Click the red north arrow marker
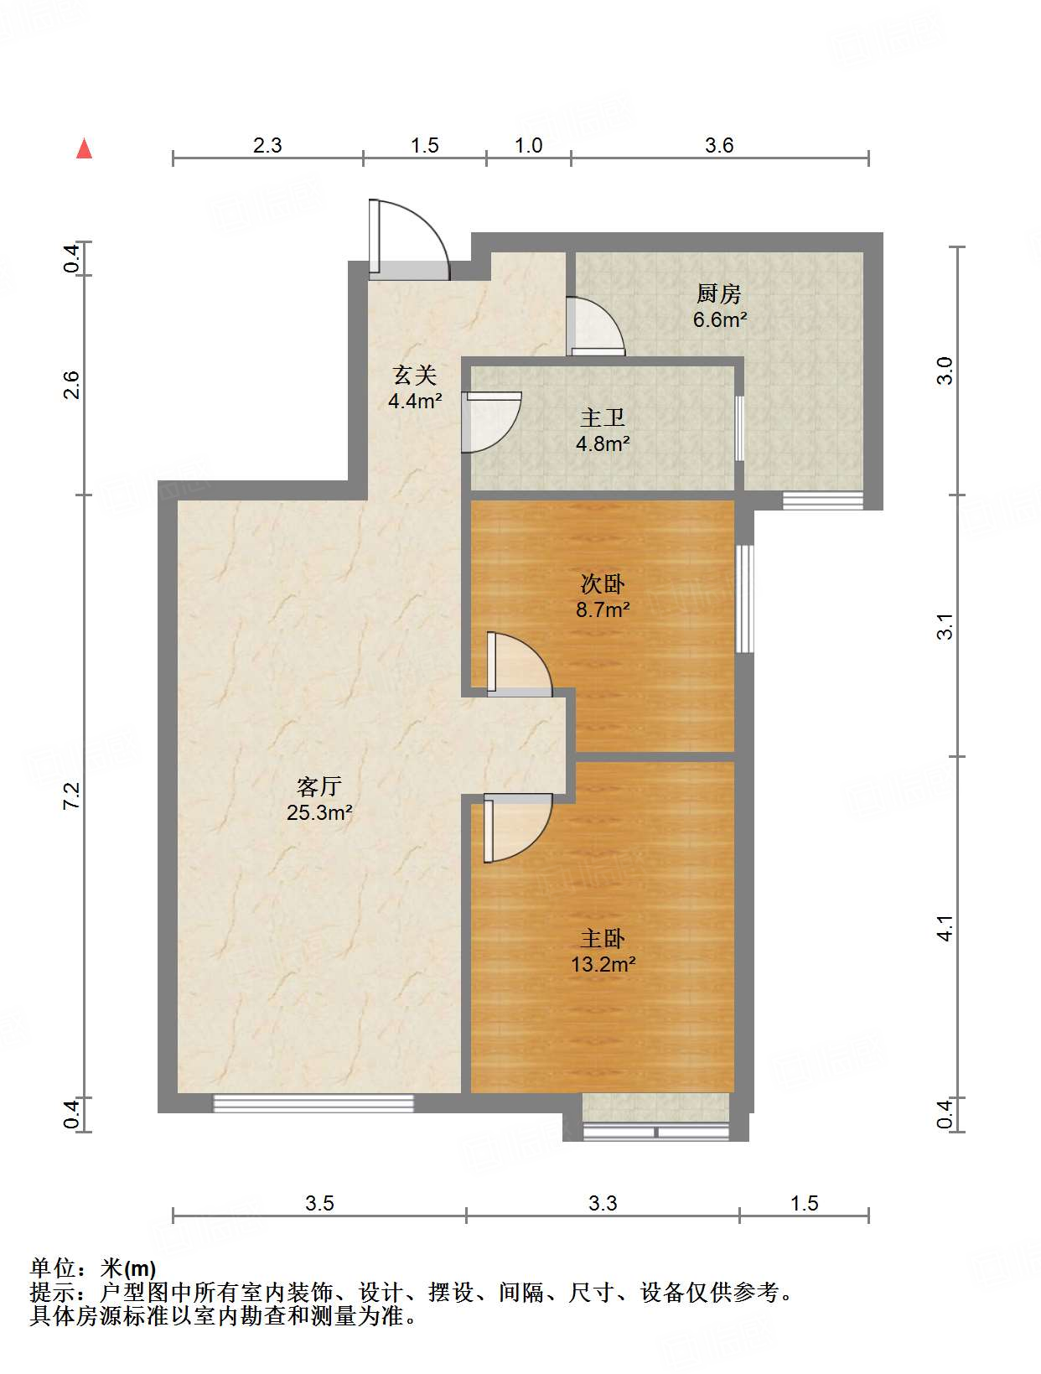[x=84, y=148]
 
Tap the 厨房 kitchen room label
[x=719, y=294]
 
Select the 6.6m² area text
[x=719, y=319]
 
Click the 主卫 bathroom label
[x=603, y=417]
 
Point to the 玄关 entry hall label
[x=415, y=376]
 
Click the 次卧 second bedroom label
[x=603, y=584]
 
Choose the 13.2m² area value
[x=603, y=964]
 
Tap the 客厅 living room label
[x=319, y=786]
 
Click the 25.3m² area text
[x=319, y=812]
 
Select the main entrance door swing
[x=409, y=240]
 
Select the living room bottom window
[x=313, y=1103]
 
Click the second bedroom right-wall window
[x=744, y=599]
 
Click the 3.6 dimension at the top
[x=718, y=146]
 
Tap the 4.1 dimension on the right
[x=945, y=928]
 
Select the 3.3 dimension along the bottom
[x=602, y=1204]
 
